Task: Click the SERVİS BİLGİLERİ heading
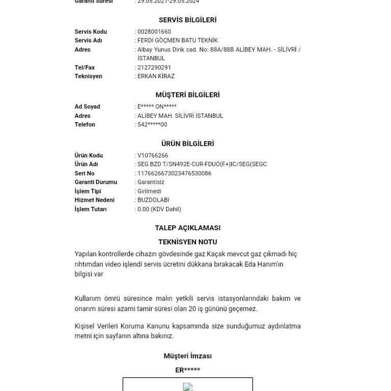pos(187,20)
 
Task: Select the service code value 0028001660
pos(154,32)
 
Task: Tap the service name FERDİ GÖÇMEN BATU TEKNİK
pos(178,40)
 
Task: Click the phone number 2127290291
pos(154,67)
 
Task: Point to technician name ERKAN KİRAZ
pos(156,76)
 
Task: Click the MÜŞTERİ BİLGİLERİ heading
pos(187,95)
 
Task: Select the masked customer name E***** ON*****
pos(157,107)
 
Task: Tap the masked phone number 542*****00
pos(152,125)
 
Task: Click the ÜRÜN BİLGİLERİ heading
pos(187,144)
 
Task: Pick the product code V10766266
pos(153,156)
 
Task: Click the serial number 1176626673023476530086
pos(174,174)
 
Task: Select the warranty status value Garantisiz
pos(151,182)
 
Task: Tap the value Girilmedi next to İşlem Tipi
pos(149,191)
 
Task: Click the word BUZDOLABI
pos(153,200)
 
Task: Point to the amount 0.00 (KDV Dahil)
pos(159,209)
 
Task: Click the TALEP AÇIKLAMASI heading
pos(187,228)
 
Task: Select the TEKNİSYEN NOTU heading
pos(187,242)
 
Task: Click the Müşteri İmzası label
pos(187,356)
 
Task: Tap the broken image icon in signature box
pos(187,387)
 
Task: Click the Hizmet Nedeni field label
pos(95,200)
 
